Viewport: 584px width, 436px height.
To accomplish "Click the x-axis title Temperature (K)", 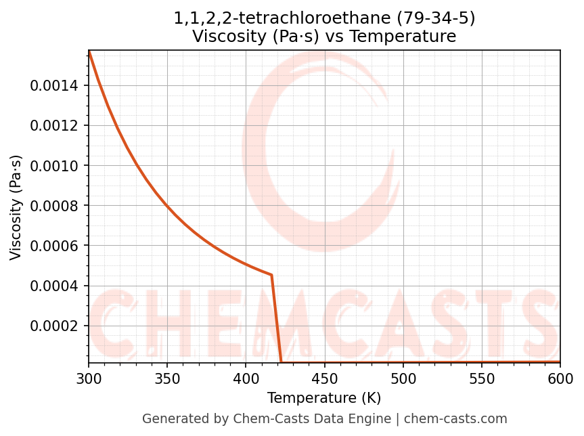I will tap(324, 397).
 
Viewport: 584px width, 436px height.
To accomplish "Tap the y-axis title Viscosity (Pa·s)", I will tap(16, 207).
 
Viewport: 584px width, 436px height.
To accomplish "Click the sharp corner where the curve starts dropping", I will tap(271, 275).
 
